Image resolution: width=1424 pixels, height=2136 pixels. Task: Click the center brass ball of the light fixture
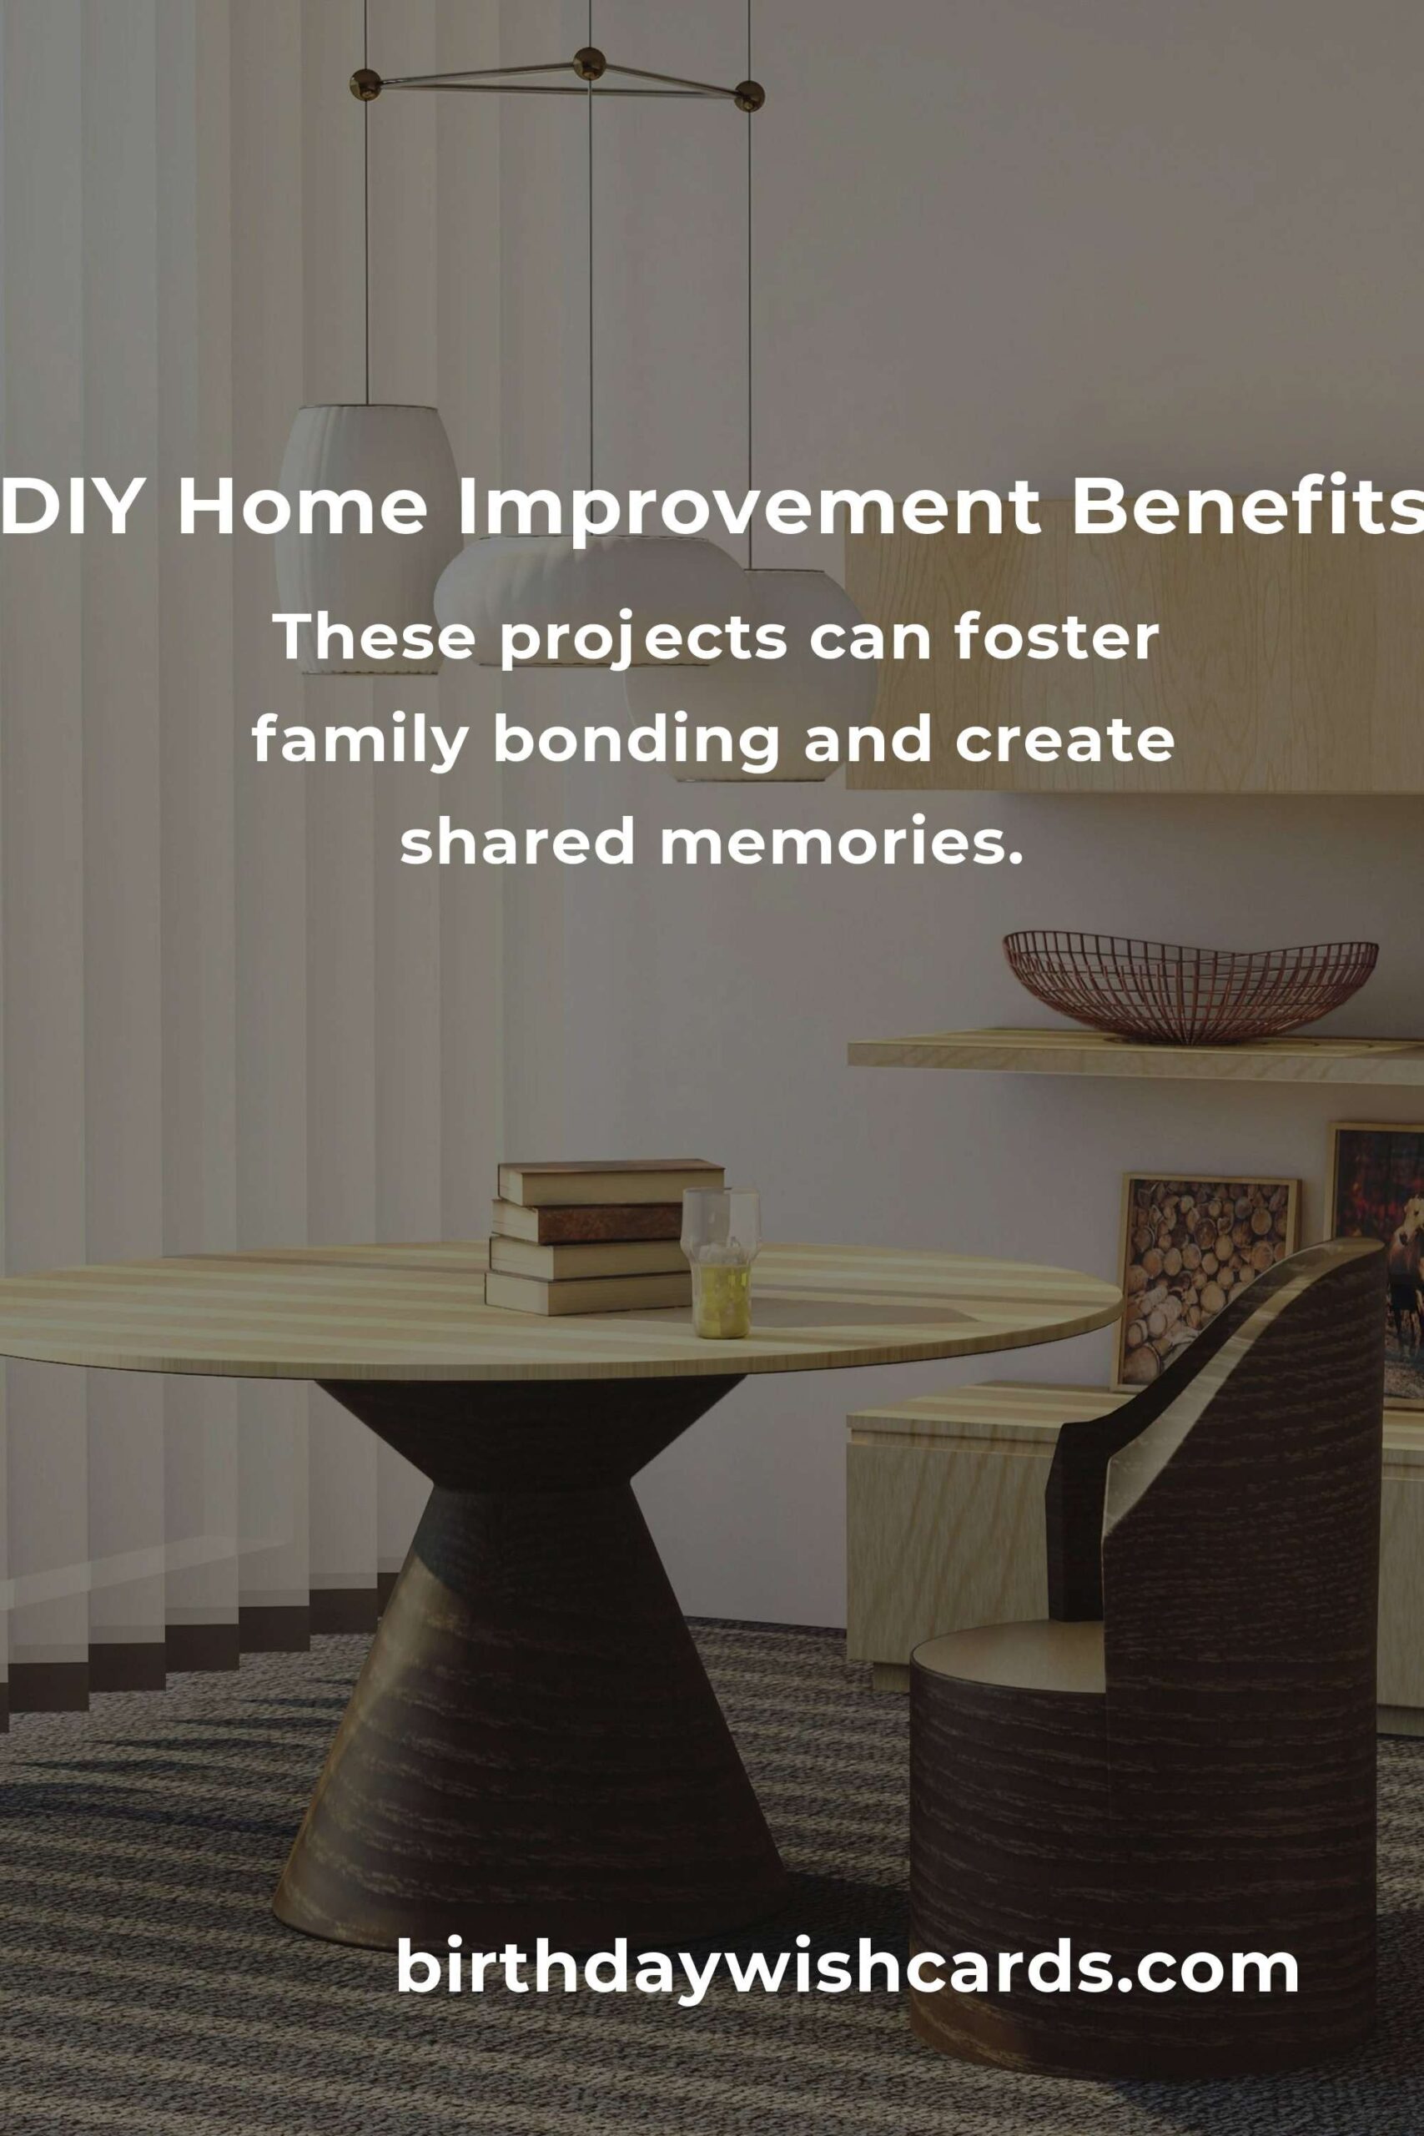click(590, 63)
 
